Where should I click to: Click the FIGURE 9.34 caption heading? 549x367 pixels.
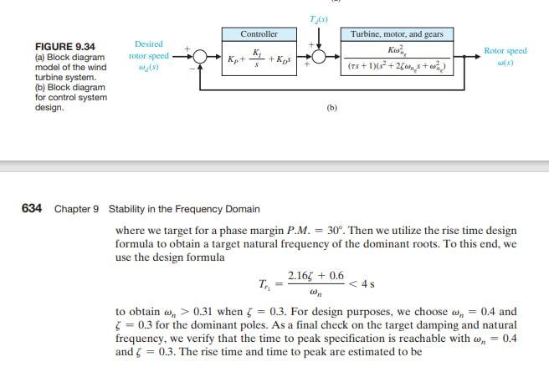click(64, 46)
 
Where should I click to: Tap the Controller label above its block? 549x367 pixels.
click(259, 34)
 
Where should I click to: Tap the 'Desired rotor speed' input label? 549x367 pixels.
click(148, 55)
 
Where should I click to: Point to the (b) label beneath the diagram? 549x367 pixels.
click(331, 108)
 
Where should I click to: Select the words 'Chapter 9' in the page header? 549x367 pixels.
click(77, 208)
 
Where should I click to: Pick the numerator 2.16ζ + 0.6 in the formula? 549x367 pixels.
click(315, 275)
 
